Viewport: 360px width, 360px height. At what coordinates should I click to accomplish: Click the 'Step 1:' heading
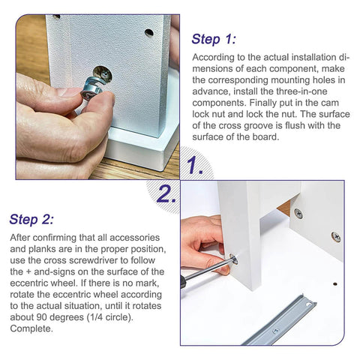coord(214,39)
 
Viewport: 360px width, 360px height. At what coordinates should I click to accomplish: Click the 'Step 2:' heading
coord(31,219)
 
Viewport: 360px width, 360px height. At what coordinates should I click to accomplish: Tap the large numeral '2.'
coord(166,194)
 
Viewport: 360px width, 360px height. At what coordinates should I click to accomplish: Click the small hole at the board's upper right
coord(148,33)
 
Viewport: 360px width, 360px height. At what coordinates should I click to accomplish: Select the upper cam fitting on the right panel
coord(298,213)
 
